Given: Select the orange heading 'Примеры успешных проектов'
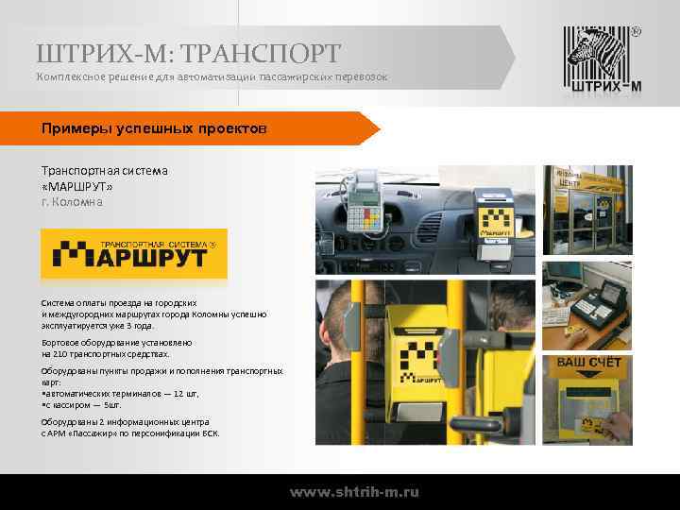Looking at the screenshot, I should click(155, 127).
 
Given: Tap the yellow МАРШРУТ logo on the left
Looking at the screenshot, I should click(134, 253).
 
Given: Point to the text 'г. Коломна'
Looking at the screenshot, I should click(72, 202).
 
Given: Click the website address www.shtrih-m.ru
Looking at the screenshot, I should click(354, 492).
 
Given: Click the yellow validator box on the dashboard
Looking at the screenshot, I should click(493, 224).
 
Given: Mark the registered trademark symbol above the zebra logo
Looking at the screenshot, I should click(635, 31).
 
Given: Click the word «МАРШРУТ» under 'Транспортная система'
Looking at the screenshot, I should click(83, 186).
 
